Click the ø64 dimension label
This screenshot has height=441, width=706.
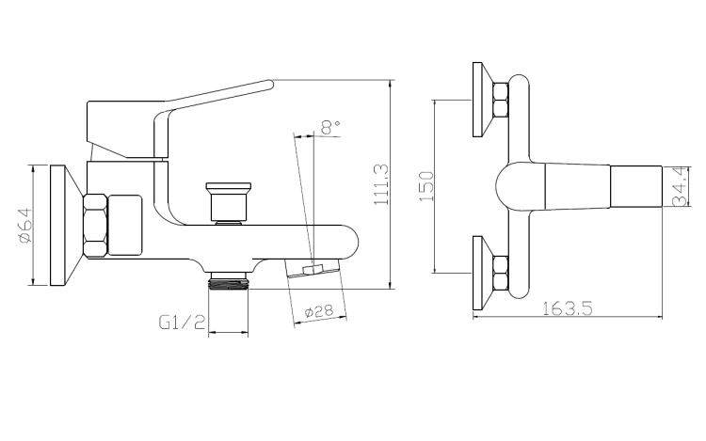pos(25,227)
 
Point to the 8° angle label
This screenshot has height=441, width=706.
pos(329,126)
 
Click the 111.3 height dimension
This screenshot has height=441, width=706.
pos(380,184)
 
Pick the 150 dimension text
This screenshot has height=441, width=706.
pos(425,186)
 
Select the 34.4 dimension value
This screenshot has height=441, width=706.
pos(677,185)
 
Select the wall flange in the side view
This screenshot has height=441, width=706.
pos(61,227)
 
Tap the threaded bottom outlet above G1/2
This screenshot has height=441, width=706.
pos(229,279)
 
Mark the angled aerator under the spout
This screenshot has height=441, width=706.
pos(313,271)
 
